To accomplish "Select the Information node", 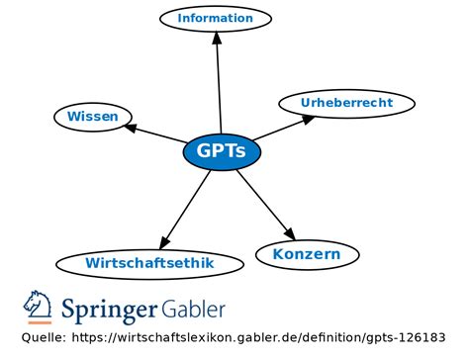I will [x=215, y=18].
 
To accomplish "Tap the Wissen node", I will [x=92, y=117].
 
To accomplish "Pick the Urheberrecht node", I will [x=332, y=102].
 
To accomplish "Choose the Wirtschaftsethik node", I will [x=149, y=263].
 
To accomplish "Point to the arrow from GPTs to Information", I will [x=219, y=89].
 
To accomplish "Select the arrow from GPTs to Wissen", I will [x=156, y=135].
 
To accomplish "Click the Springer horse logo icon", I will [x=38, y=308].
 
